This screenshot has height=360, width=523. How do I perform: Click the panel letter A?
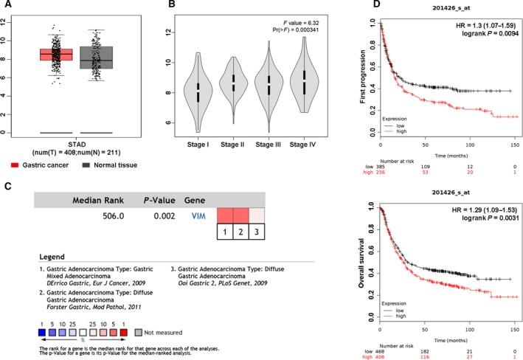click(x=5, y=5)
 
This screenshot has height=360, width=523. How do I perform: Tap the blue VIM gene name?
click(x=197, y=215)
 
